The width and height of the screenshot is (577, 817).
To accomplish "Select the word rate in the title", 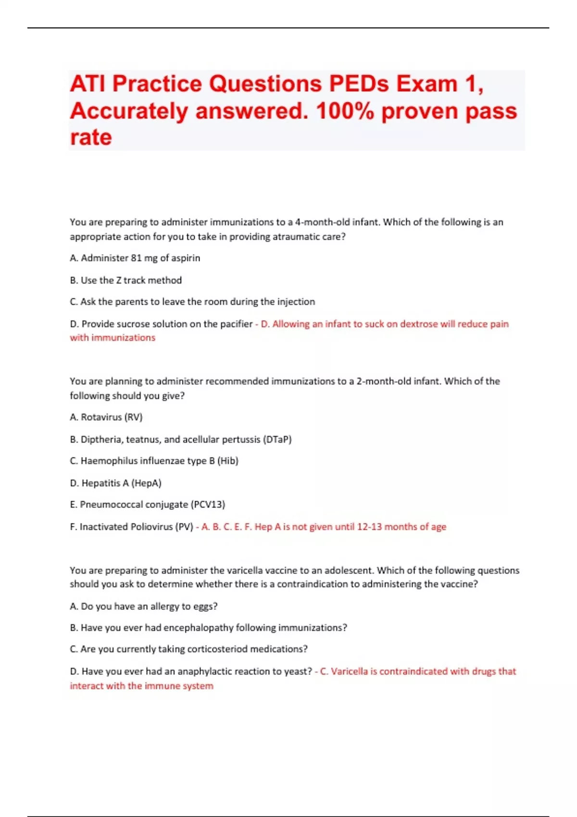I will point(91,137).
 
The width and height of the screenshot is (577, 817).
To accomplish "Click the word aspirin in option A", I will point(186,258).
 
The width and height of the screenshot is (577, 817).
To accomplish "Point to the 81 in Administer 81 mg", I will point(136,258).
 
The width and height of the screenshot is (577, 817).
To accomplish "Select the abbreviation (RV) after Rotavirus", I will point(134,417).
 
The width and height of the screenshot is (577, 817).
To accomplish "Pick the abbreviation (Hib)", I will point(228,461).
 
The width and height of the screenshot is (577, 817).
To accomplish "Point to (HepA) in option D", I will point(146,483).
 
